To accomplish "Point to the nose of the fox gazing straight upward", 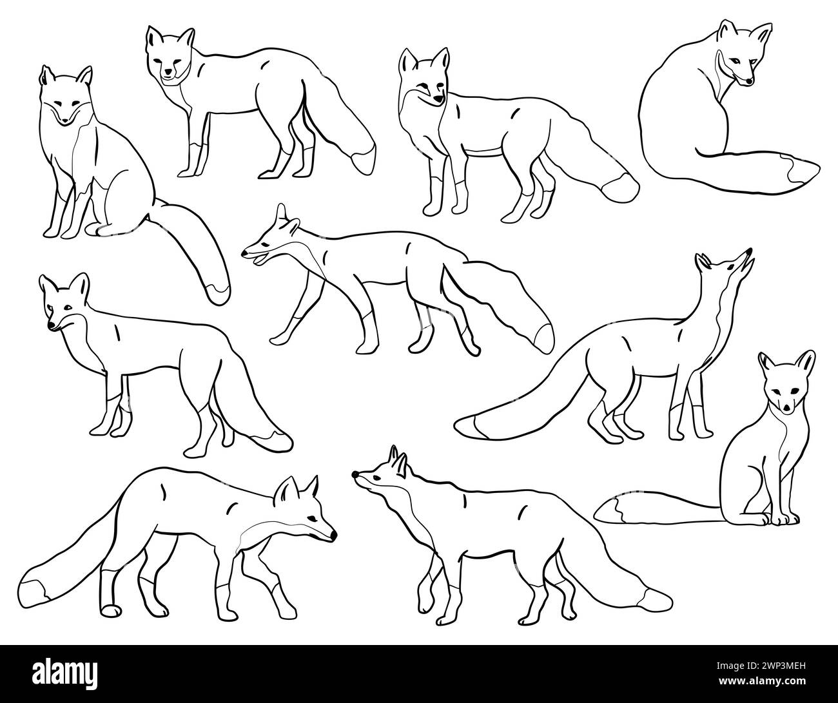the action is tap(749, 251).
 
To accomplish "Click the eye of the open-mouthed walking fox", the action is tap(266, 244).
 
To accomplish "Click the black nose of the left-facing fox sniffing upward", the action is tap(355, 474).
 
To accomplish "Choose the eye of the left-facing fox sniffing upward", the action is tap(376, 478).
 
